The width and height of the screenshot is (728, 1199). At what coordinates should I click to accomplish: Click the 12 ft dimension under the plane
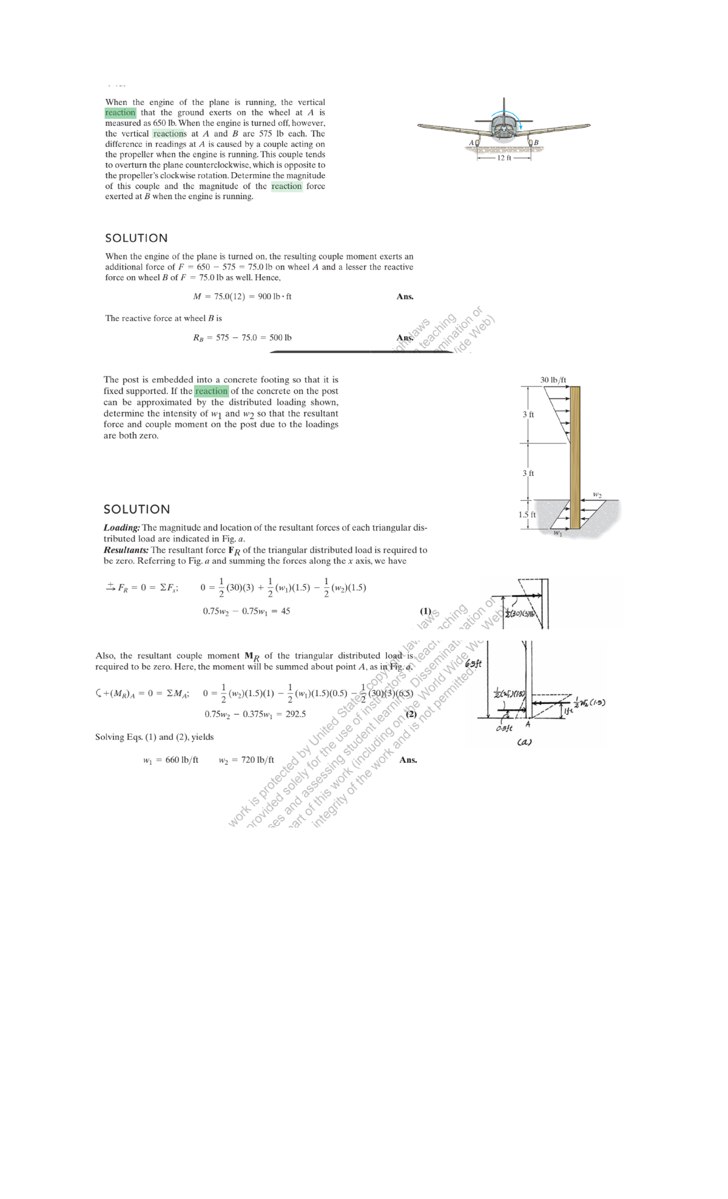[x=505, y=158]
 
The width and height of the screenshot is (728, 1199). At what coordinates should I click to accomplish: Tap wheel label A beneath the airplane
[x=471, y=142]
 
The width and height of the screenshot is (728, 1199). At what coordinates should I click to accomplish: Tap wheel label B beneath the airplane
[x=536, y=143]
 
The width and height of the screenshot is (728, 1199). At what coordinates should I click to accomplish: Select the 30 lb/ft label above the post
[x=553, y=380]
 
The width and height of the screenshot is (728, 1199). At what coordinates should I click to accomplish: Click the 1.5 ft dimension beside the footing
[x=527, y=515]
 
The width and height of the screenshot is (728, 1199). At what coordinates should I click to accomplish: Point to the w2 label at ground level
[x=597, y=495]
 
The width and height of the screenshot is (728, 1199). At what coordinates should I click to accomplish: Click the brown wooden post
[x=574, y=455]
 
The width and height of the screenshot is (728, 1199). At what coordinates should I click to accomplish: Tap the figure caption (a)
[x=525, y=742]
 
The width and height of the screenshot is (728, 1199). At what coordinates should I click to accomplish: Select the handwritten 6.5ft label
[x=473, y=663]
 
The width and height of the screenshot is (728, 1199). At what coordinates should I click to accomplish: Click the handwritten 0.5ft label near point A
[x=503, y=728]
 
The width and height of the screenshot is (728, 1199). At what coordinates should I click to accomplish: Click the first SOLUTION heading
[x=136, y=238]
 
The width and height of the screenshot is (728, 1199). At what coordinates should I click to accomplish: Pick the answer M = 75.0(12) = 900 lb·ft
[x=242, y=297]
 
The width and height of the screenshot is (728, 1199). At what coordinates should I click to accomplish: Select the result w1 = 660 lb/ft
[x=170, y=760]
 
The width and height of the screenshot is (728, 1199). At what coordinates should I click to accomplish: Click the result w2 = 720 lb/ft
[x=246, y=760]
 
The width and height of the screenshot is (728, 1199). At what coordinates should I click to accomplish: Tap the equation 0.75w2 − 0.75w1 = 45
[x=246, y=611]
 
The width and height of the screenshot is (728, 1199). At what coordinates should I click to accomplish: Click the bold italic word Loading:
[x=122, y=528]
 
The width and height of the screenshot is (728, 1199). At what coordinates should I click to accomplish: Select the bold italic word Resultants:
[x=126, y=550]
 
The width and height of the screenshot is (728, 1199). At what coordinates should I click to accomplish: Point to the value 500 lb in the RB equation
[x=280, y=337]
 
